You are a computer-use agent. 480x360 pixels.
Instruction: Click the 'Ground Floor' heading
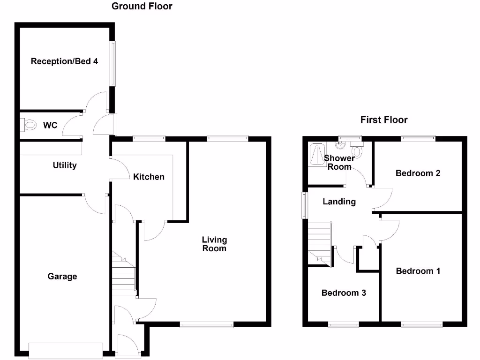point(142,7)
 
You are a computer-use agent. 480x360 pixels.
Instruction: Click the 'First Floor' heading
point(383,120)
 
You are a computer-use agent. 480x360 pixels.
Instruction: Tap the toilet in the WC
point(29,125)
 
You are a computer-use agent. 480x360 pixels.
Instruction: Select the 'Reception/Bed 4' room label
point(64,61)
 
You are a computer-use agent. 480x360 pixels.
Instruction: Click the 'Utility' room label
point(65,165)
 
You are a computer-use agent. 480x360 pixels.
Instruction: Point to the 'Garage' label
point(62,277)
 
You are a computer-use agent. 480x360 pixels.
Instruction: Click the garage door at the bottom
point(65,351)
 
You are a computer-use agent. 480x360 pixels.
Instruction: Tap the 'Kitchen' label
point(149,177)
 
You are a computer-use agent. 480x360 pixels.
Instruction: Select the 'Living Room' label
point(214,244)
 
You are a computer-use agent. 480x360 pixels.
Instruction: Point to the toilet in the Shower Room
point(358,151)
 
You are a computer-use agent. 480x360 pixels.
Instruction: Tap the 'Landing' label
point(339,202)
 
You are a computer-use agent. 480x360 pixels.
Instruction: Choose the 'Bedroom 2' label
point(418,173)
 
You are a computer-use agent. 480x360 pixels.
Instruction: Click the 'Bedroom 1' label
point(418,271)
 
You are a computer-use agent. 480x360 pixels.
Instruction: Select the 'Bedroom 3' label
point(344,293)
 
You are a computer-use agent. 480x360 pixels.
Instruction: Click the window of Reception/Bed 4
point(113,64)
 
